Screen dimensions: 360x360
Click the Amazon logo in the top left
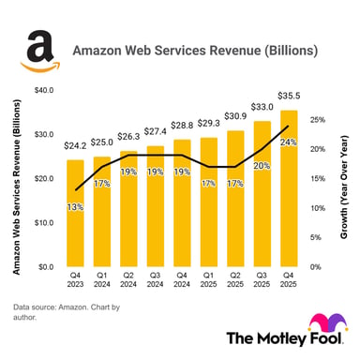click(x=38, y=50)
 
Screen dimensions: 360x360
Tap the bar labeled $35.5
click(x=289, y=187)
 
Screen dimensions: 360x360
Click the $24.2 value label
click(x=75, y=147)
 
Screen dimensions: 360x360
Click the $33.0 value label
click(x=262, y=108)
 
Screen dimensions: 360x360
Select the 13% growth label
click(x=75, y=206)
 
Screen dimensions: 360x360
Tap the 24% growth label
click(x=289, y=142)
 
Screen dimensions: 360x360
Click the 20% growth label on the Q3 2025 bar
click(x=262, y=165)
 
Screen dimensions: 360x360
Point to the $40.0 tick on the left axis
click(x=43, y=91)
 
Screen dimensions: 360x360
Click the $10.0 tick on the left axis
click(x=43, y=223)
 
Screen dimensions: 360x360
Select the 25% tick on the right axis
click(x=317, y=120)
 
